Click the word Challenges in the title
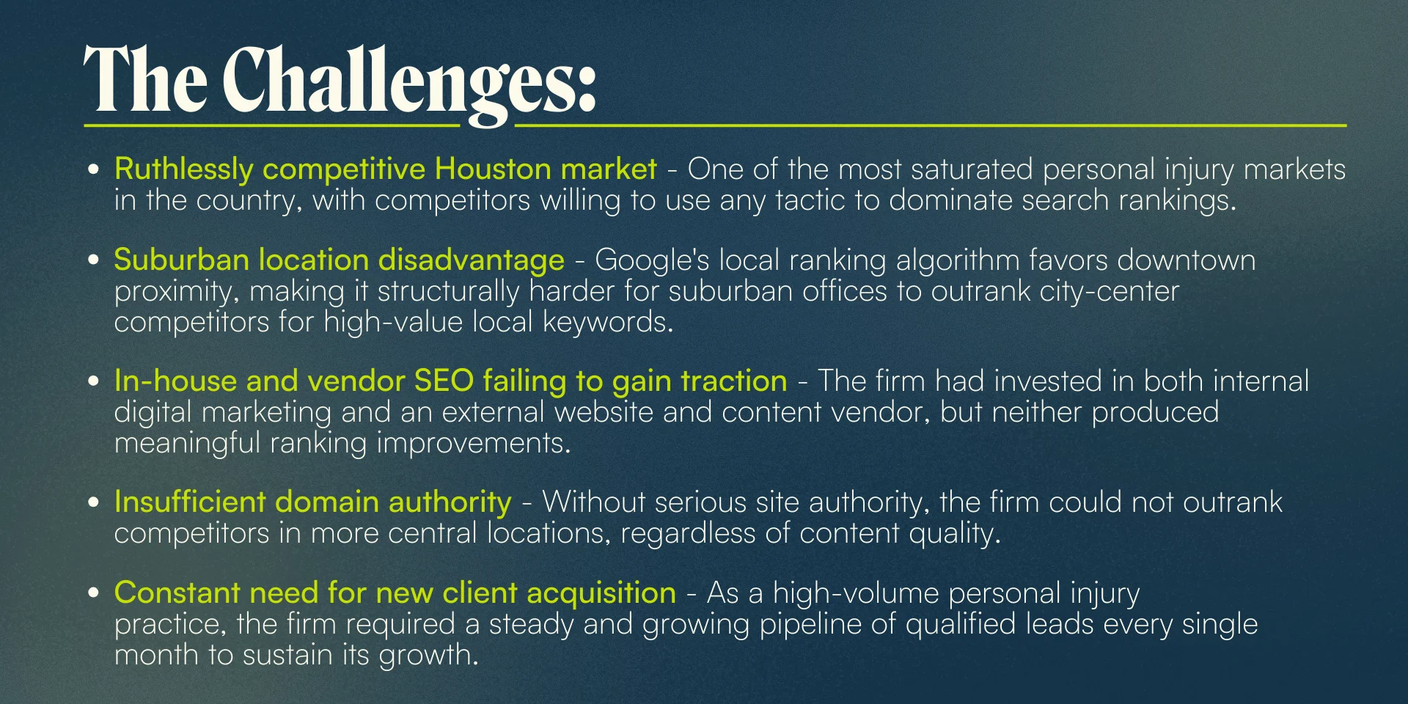pyautogui.click(x=409, y=83)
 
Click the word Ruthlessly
pyautogui.click(x=184, y=170)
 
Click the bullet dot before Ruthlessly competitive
pyautogui.click(x=93, y=169)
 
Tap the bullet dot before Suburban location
pyautogui.click(x=93, y=260)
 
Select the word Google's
pyautogui.click(x=652, y=261)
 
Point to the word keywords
pyautogui.click(x=607, y=323)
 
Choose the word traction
pyautogui.click(x=733, y=381)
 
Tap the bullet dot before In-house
pyautogui.click(x=93, y=381)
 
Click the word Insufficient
pyautogui.click(x=190, y=502)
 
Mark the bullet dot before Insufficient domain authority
pyautogui.click(x=93, y=502)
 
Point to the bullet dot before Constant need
pyautogui.click(x=93, y=593)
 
